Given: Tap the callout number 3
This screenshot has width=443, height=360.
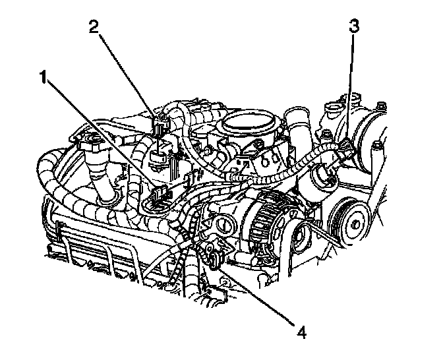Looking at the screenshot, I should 354,26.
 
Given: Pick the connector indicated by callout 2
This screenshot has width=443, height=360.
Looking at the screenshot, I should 159,124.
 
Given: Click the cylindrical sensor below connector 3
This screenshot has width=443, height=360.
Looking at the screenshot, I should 326,177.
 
